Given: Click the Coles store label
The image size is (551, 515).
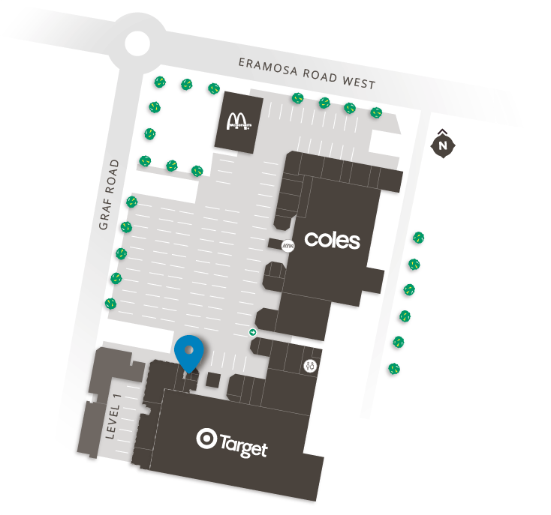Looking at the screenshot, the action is (x=332, y=240).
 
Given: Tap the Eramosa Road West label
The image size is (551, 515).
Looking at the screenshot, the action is (x=306, y=73).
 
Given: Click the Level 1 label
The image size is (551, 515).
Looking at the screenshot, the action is (x=113, y=417).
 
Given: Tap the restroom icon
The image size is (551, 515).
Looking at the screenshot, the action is (x=311, y=366).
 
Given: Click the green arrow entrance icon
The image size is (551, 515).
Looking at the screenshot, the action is (x=253, y=332).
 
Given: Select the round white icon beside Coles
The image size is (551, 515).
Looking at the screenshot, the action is (x=287, y=245).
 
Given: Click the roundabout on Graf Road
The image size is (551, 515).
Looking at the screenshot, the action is (x=139, y=44).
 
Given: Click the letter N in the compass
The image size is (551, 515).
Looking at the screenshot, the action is (x=444, y=144).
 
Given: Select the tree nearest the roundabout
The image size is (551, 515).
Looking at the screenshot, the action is (x=158, y=82).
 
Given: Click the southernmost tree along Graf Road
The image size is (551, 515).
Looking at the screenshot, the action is (x=110, y=304).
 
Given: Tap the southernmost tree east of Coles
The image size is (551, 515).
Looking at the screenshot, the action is (x=393, y=368).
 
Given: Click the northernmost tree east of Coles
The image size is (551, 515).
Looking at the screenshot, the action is (x=418, y=238).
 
